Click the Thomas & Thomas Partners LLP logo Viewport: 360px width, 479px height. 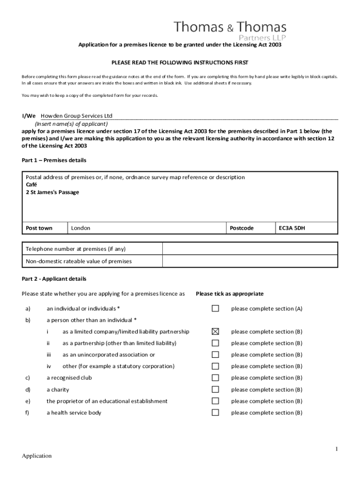coord(230,31)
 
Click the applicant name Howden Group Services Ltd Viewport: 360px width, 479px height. coord(77,116)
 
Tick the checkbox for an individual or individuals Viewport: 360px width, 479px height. coord(215,308)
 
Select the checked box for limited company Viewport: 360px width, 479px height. coord(215,332)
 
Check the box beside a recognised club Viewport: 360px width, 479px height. coord(215,377)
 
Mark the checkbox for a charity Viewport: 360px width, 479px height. coord(215,389)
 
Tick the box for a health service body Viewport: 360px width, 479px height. coord(215,412)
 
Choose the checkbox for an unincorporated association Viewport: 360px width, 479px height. coord(215,355)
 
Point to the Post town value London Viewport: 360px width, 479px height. coord(80,228)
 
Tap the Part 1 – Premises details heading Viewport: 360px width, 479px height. coord(54,160)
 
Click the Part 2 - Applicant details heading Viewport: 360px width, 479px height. coord(54,279)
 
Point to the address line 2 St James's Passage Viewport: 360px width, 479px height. coord(52,192)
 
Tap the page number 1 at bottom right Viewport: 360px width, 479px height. coord(336,449)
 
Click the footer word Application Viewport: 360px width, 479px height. coord(37,456)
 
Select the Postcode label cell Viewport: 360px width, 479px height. coord(242,228)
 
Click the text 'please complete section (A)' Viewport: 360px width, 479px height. coord(266,309)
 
